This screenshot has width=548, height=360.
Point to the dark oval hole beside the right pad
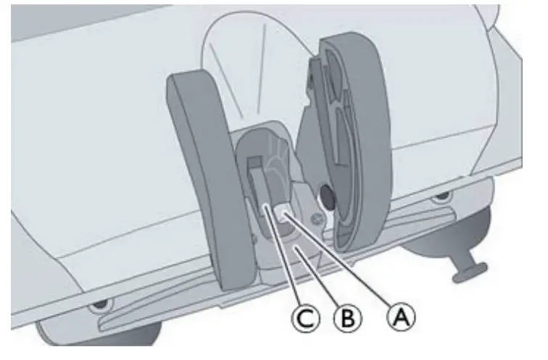pos(327,196)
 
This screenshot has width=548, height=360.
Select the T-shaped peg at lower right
pos(466,269)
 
